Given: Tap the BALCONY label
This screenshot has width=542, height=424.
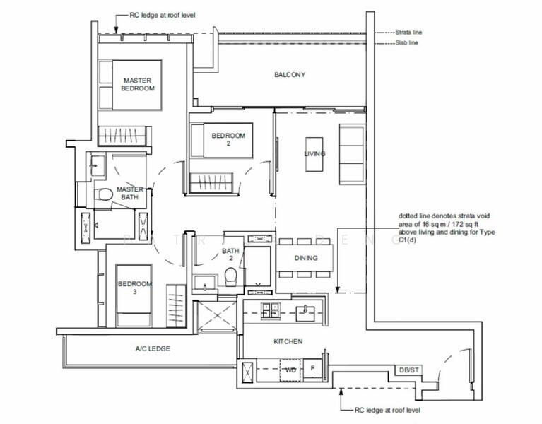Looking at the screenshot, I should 290,74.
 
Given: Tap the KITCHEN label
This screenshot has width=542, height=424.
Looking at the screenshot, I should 288,341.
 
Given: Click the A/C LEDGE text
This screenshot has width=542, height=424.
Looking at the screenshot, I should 153,348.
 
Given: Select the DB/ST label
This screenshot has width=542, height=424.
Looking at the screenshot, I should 408,370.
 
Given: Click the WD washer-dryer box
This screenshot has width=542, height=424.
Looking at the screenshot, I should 289,370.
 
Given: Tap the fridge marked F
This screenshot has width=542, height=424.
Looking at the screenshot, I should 313,369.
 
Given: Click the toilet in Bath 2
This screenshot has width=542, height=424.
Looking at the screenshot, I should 231,278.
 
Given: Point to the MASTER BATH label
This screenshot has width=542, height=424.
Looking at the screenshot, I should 130,194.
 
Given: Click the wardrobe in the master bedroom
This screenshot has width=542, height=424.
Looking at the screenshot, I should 124,134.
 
